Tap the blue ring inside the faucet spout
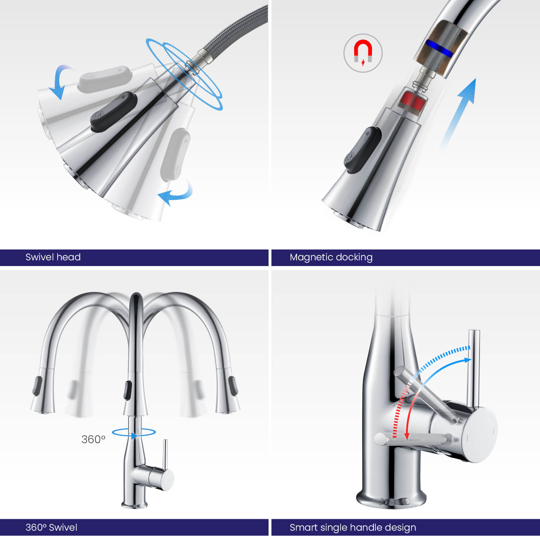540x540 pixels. point(439,49)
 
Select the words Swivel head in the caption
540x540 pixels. point(53,257)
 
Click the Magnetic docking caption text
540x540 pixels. point(331,257)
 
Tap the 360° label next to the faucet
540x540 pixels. point(93,439)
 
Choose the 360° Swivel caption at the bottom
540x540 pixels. point(51,527)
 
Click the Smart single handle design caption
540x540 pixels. point(353,528)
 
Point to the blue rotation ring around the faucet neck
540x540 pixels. point(134,432)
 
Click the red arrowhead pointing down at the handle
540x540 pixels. point(407,435)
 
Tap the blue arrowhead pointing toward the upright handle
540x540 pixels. point(467,360)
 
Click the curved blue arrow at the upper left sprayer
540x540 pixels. point(60,81)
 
